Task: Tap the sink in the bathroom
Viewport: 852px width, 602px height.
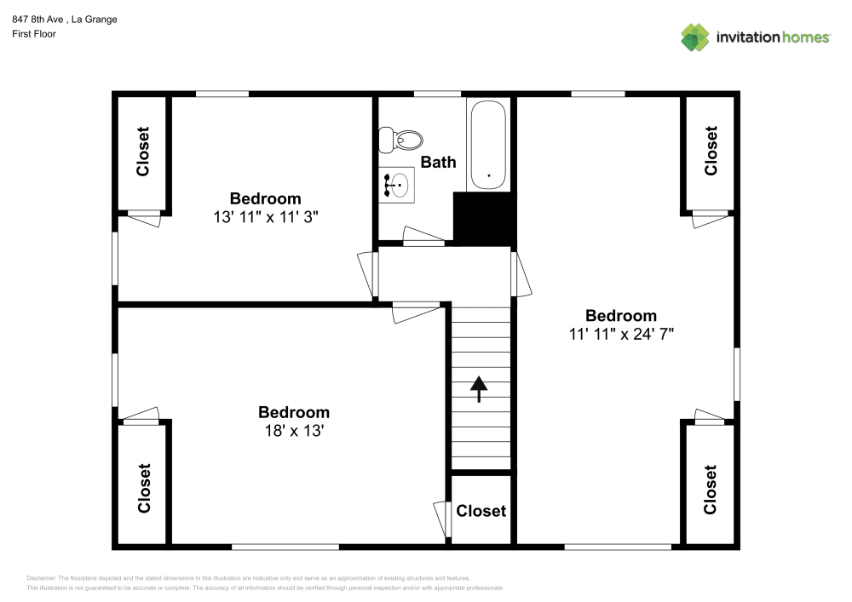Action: (397, 183)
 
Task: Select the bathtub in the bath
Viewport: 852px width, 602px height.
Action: (487, 145)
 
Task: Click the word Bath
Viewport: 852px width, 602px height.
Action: (439, 162)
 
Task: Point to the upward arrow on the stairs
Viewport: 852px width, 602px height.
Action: (480, 389)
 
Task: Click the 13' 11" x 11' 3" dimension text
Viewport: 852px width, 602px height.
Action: (266, 217)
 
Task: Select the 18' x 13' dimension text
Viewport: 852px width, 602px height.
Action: (294, 431)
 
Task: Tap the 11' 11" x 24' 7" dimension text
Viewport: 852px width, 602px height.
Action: (621, 334)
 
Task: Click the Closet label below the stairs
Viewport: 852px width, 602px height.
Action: (481, 511)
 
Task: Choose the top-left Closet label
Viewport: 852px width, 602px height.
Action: (142, 152)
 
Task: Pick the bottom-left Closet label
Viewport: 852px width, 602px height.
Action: (143, 488)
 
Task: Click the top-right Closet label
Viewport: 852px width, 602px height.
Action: (711, 151)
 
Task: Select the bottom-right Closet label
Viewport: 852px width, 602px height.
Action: (711, 490)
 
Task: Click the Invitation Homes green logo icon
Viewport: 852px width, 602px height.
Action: (694, 37)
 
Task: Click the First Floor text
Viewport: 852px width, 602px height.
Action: (33, 34)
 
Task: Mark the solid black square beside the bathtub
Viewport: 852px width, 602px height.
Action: (484, 218)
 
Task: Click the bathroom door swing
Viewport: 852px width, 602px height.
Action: (423, 235)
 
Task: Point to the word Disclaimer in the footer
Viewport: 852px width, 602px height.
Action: (42, 577)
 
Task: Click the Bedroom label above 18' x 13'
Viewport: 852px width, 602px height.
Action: (294, 413)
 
